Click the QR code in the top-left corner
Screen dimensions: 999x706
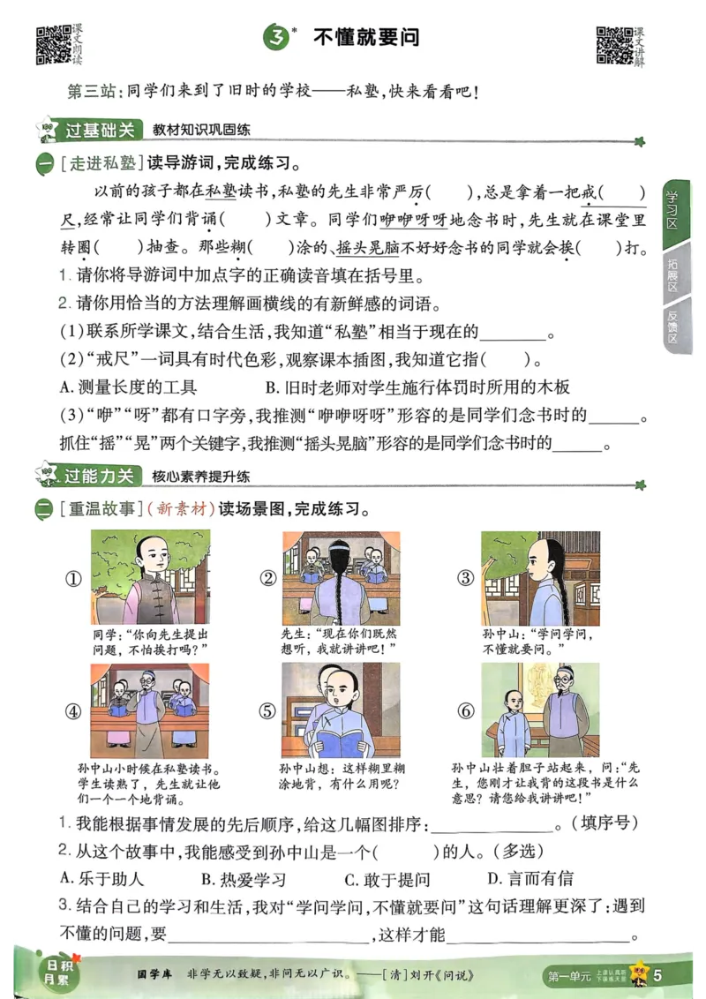pyautogui.click(x=53, y=45)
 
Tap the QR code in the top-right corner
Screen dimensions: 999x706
pyautogui.click(x=614, y=45)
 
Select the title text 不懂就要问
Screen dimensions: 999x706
pyautogui.click(x=366, y=38)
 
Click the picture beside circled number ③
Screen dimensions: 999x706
pyautogui.click(x=540, y=577)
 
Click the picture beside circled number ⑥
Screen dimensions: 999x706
pyautogui.click(x=540, y=710)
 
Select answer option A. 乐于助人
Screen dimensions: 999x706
pyautogui.click(x=101, y=879)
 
